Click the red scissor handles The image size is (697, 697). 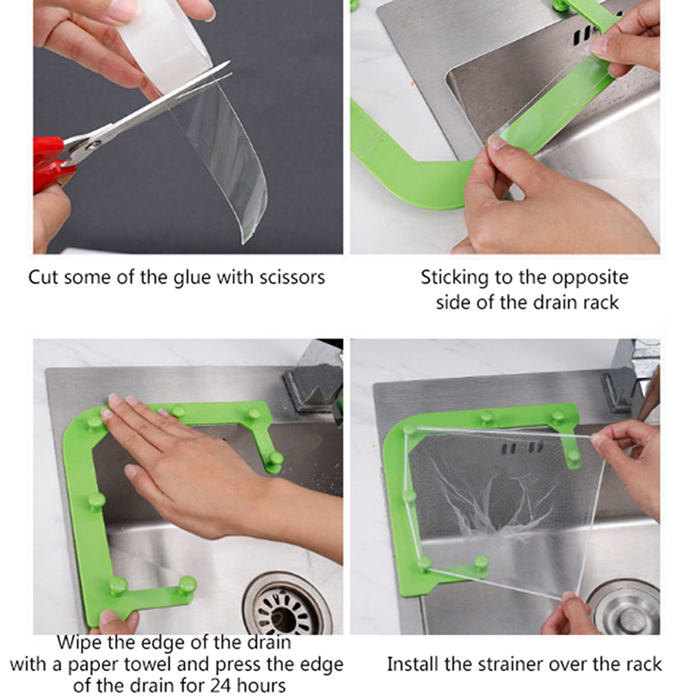(x=51, y=164)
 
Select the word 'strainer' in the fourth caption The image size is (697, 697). (x=511, y=665)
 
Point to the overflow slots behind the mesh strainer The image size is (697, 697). (x=522, y=448)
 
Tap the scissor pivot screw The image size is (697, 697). (x=94, y=144)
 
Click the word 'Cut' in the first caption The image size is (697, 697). (x=44, y=277)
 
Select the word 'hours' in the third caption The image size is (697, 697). (x=261, y=685)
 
